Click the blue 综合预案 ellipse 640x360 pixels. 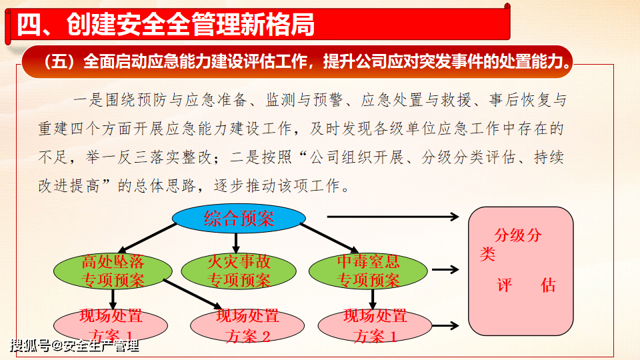coord(239,219)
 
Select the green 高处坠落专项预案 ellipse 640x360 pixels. coord(113,271)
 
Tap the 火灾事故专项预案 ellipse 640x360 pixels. coord(239,271)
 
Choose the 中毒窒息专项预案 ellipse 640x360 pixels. coord(368,271)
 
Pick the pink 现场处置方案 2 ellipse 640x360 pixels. coord(247,326)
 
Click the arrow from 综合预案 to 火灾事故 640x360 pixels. coord(236,243)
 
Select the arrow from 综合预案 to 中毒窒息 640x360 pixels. coord(329,238)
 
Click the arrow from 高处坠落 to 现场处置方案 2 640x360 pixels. coord(193,294)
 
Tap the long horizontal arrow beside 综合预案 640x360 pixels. coord(393,217)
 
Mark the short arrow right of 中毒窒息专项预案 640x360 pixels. coord(445,269)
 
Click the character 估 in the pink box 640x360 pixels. coord(548,285)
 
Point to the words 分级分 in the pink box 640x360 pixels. coord(518,235)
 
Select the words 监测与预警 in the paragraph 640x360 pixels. coord(304,100)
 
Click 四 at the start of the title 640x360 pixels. coord(29,24)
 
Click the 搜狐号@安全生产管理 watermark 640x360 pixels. coord(74,346)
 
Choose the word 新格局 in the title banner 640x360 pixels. coord(277,24)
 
